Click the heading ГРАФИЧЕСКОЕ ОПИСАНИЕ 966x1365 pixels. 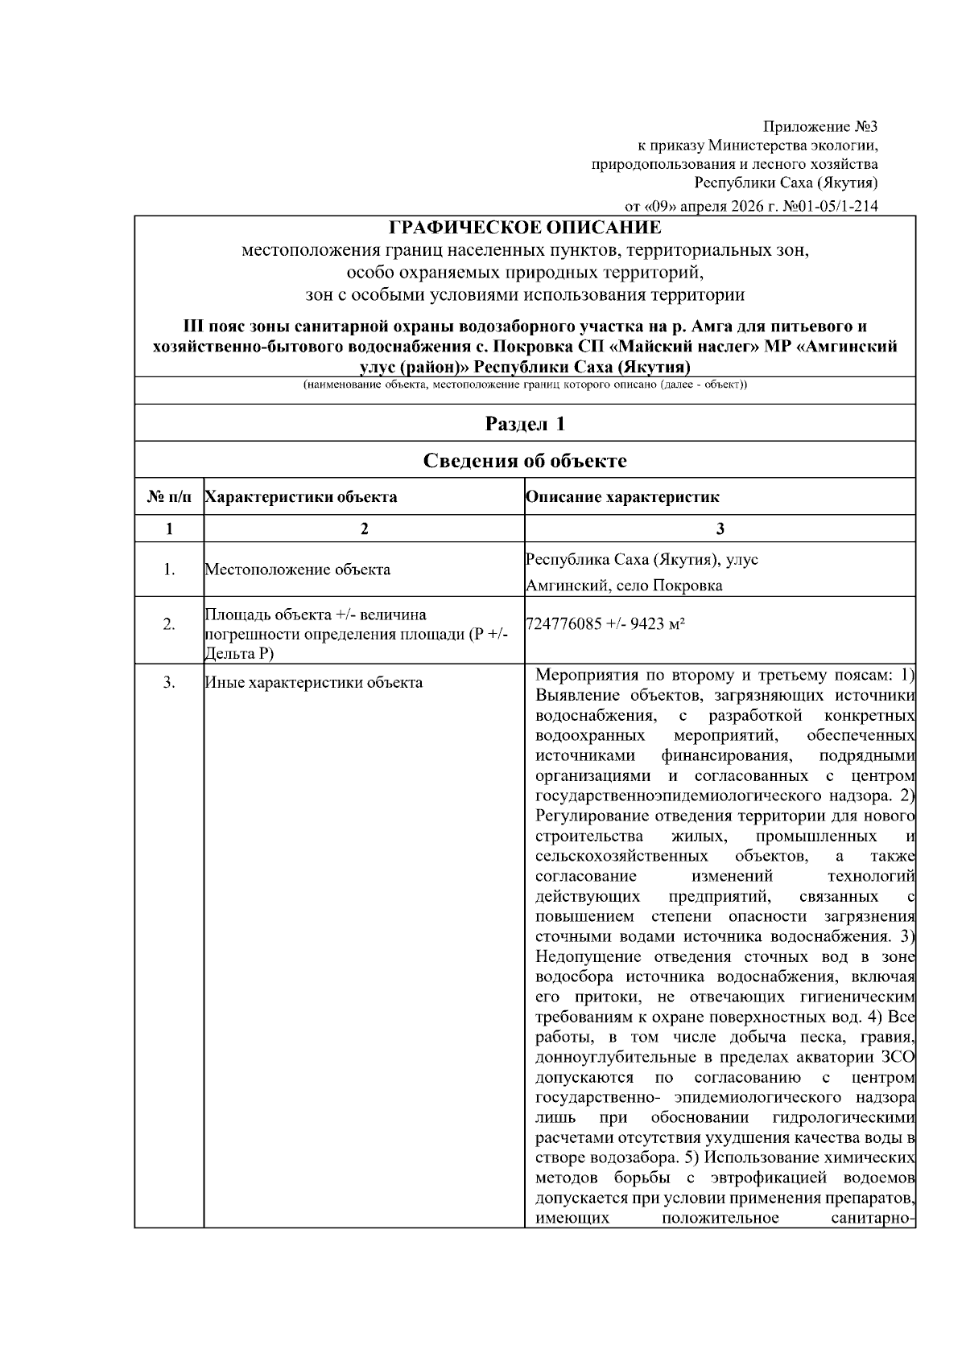coord(525,228)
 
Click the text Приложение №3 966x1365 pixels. coord(819,126)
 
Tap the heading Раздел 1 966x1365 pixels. coord(525,423)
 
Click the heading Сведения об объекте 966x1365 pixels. coord(525,460)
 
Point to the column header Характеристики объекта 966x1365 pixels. coord(301,497)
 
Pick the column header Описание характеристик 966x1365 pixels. coord(622,497)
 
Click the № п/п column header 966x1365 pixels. coord(169,497)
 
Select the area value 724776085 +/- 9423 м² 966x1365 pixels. coord(605,624)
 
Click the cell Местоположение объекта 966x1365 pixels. coord(297,569)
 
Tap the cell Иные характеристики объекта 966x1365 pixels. coord(313,683)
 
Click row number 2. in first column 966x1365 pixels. coord(169,624)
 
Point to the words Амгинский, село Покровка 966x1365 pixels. coord(624,586)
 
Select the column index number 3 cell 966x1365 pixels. coord(720,528)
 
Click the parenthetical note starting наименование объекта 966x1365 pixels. coord(525,385)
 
